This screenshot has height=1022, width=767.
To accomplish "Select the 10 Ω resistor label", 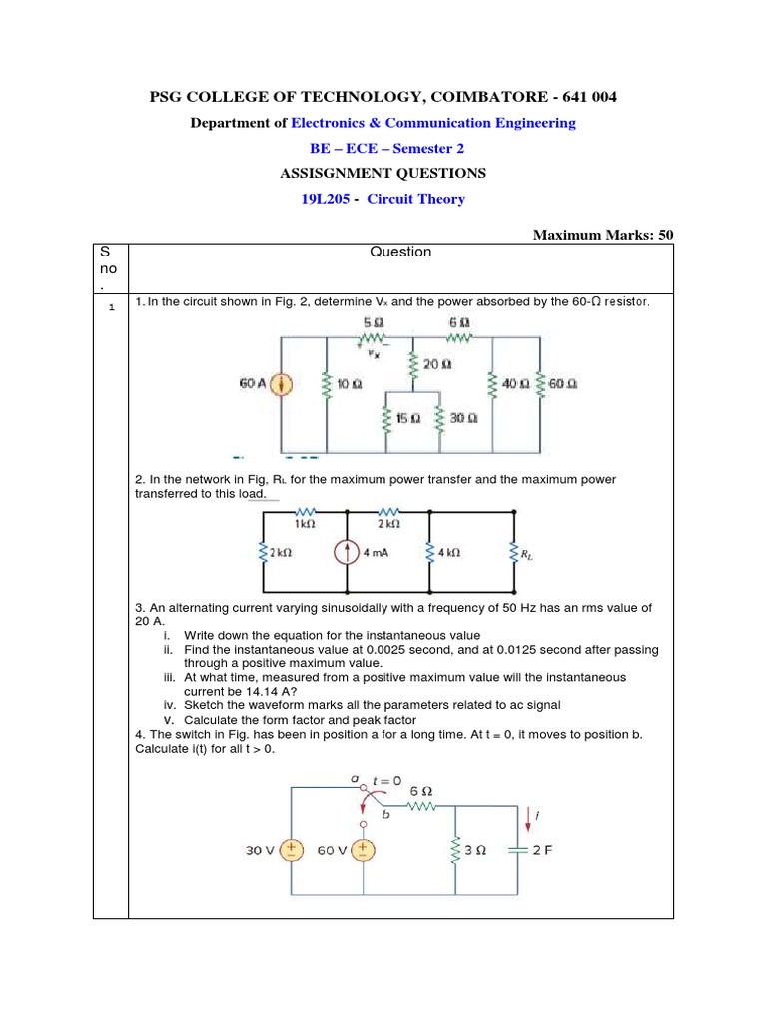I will point(349,384).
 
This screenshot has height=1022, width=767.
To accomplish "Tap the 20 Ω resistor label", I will point(437,365).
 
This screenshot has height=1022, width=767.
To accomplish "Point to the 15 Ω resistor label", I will point(408,419).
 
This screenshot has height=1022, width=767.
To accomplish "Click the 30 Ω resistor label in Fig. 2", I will point(463,419).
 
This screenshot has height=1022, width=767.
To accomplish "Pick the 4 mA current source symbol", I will point(347,552).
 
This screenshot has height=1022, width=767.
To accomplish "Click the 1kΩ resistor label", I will point(306,523).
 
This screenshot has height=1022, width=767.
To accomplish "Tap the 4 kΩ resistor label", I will point(447,552).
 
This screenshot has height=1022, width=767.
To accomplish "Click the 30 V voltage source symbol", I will point(291,850).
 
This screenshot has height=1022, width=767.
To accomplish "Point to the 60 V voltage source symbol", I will point(362,850).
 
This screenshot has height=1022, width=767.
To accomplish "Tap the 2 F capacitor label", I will point(542,851).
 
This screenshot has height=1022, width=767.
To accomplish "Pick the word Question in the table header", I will point(400,252).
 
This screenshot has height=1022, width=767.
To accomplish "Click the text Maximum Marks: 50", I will point(603,235).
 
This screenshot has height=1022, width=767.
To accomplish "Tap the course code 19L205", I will point(328,199).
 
